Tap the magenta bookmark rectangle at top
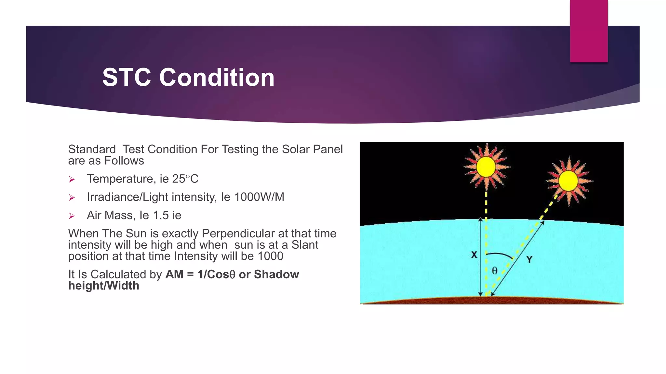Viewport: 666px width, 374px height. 589,31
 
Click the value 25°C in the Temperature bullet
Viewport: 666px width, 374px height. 185,179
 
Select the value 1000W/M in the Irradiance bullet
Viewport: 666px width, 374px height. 259,197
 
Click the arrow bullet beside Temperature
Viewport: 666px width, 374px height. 72,180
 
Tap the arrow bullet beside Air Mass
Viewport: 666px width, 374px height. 72,216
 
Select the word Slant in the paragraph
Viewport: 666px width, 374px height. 305,245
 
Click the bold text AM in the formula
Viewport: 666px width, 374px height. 174,274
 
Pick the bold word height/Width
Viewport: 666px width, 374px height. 104,286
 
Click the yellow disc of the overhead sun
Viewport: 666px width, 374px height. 486,167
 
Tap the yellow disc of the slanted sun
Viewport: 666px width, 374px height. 568,181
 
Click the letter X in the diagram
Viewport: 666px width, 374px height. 474,255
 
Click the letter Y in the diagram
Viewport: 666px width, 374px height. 529,259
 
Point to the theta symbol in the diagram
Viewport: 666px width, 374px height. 495,270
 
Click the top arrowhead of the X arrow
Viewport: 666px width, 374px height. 480,219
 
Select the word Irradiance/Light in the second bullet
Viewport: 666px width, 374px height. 127,197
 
